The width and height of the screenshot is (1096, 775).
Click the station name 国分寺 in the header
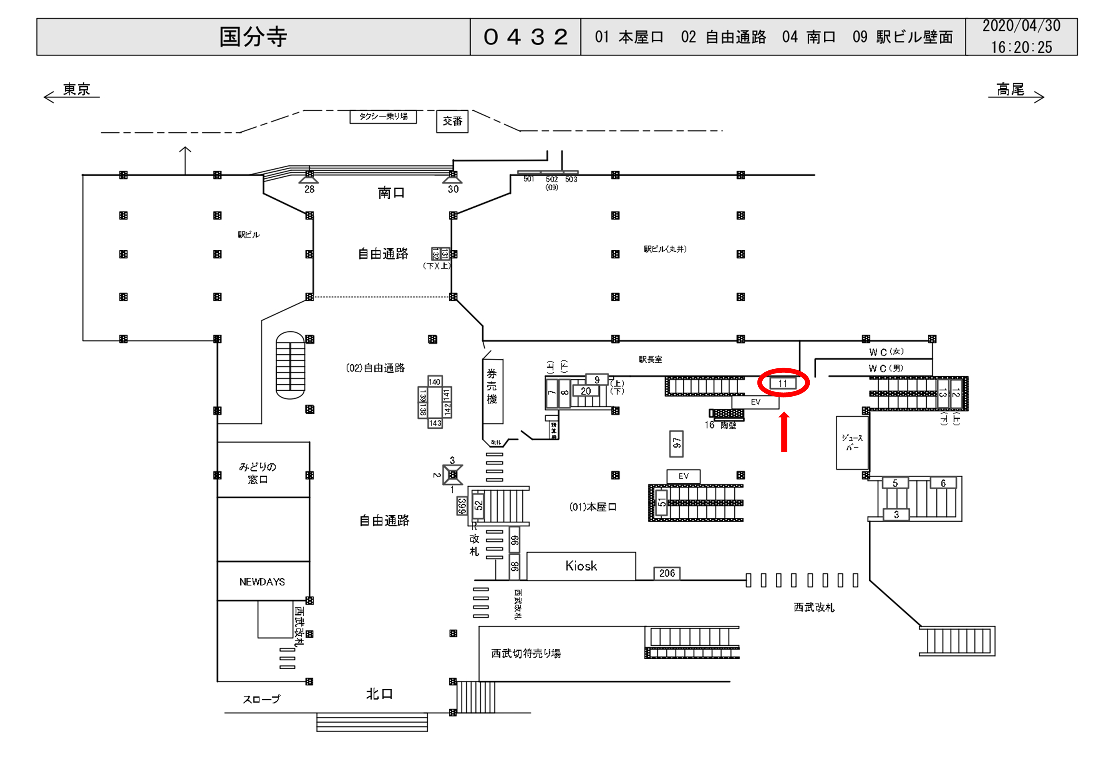[x=253, y=37]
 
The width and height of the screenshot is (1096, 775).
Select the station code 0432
[x=525, y=37]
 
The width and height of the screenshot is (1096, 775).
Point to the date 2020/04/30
[x=1021, y=26]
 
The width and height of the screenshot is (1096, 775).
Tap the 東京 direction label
[x=76, y=89]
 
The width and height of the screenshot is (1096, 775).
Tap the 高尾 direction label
[x=1010, y=89]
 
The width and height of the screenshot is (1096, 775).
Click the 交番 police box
[x=452, y=121]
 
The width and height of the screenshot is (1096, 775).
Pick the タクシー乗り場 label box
[x=383, y=117]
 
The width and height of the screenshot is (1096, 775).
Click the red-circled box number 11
[x=783, y=383]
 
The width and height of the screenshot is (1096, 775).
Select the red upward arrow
[x=784, y=432]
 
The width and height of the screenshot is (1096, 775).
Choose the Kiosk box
[x=581, y=566]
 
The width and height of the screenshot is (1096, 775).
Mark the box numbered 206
[x=667, y=573]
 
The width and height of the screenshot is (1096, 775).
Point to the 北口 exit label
[x=379, y=694]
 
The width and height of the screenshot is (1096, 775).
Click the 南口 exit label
[x=391, y=193]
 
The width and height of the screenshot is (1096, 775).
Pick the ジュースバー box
[x=852, y=443]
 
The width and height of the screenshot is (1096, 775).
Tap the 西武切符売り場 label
[x=526, y=653]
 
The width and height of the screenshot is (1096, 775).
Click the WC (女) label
[x=886, y=352]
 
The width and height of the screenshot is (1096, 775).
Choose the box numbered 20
[x=586, y=391]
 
